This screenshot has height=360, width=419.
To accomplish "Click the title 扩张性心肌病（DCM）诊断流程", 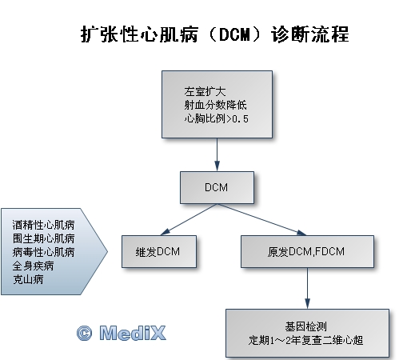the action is [215, 34].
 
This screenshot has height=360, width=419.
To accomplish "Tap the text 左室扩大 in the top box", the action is [205, 92].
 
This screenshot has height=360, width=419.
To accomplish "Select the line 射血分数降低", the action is [215, 105].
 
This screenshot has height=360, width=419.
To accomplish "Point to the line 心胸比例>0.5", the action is [216, 118].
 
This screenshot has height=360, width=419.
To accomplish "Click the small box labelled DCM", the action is [217, 187].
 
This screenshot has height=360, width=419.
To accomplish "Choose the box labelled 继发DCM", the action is [159, 251].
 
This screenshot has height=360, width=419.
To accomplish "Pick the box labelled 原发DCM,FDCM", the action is [307, 251].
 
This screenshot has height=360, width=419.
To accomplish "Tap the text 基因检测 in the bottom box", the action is [305, 326].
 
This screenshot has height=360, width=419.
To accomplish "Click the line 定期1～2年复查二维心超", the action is [305, 340].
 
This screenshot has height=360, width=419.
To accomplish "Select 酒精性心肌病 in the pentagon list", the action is [43, 225].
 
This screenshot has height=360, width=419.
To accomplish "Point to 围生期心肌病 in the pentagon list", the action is [43, 238].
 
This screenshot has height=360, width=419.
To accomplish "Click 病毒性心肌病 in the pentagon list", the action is [43, 252].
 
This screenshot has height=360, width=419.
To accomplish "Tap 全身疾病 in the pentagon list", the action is [33, 266].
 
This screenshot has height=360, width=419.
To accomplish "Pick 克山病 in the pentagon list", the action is [28, 279].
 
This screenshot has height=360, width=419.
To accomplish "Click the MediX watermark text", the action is [133, 333].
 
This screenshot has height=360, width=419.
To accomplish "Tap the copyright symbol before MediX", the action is [85, 334].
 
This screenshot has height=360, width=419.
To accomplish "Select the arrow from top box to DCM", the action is [217, 154].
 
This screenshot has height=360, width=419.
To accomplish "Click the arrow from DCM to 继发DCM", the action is [190, 219].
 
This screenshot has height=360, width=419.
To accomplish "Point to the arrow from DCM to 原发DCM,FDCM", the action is [261, 219].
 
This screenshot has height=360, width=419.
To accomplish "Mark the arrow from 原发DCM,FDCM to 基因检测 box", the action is [307, 288].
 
